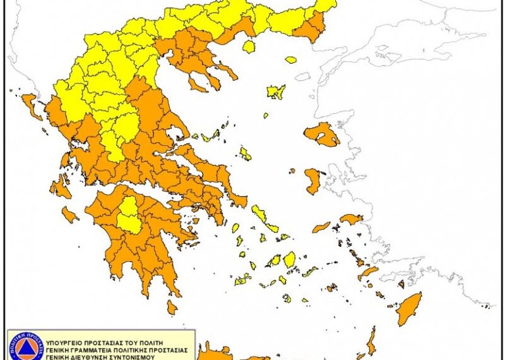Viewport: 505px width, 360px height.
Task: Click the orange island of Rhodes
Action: [x=409, y=308]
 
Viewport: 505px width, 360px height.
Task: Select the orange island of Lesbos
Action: [x=321, y=134]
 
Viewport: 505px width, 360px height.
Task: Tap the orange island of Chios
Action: [x=312, y=181]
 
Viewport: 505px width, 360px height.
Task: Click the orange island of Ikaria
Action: [x=321, y=227]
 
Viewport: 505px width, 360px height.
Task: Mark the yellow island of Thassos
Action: [x=249, y=47]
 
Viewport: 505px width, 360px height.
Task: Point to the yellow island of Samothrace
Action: [x=291, y=60]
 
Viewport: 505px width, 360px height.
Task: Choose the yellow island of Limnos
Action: [x=276, y=92]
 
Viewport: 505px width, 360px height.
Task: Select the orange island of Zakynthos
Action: [x=70, y=215]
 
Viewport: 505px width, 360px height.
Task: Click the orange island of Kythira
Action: [x=172, y=308]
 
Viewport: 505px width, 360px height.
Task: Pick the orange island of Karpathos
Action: [x=371, y=342]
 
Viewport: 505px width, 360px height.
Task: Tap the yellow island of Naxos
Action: [x=289, y=260]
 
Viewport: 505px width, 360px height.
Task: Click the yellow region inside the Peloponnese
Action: [x=130, y=215]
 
